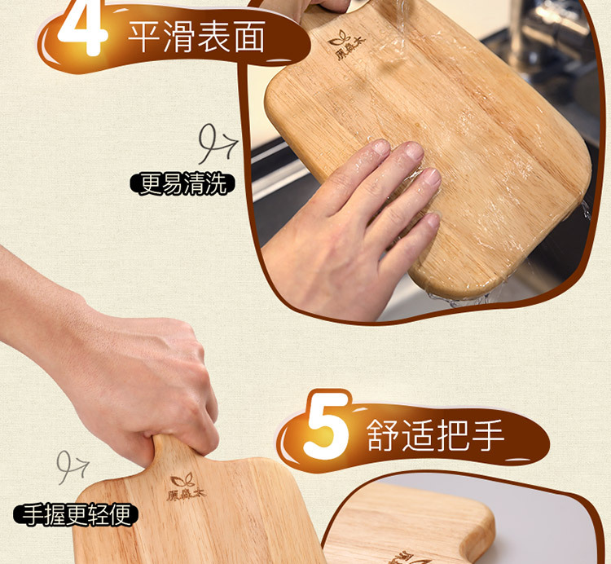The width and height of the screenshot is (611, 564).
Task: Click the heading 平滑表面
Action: [197, 36]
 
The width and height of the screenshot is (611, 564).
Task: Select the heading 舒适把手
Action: [435, 434]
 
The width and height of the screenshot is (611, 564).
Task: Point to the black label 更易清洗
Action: [182, 184]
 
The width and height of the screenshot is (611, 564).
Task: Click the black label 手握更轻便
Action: [76, 514]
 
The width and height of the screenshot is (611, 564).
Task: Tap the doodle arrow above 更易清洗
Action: [218, 143]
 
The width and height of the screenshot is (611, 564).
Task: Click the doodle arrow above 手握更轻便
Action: [73, 467]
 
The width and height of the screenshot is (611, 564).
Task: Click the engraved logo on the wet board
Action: [346, 45]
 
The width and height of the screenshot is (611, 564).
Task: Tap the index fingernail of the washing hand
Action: [380, 148]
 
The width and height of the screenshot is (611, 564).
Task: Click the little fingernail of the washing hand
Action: [433, 221]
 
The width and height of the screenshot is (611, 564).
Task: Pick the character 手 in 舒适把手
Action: [488, 435]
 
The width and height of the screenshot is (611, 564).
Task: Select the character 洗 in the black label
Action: [217, 184]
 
